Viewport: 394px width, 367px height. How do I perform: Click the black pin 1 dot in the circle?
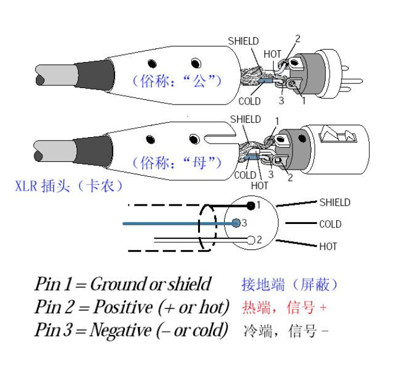click(251, 205)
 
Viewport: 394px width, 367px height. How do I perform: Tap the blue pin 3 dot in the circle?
click(236, 223)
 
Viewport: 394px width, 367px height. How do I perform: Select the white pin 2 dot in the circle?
click(251, 240)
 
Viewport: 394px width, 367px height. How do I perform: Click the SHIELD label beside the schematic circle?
click(334, 203)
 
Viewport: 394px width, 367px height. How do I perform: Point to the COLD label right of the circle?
click(330, 225)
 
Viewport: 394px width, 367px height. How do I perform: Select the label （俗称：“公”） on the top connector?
click(178, 80)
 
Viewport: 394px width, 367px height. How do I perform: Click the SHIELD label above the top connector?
click(243, 41)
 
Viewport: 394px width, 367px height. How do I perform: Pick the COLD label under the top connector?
click(249, 102)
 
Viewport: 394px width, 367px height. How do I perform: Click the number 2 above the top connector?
click(297, 39)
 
